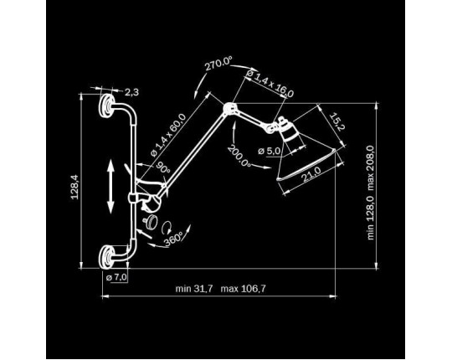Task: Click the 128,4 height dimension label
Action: tap(74, 187)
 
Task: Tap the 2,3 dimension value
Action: tap(131, 92)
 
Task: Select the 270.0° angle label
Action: tap(218, 64)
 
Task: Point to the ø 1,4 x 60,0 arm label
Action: tap(168, 136)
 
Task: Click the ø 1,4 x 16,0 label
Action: tap(270, 84)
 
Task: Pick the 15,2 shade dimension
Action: tap(336, 121)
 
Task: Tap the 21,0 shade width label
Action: tap(311, 174)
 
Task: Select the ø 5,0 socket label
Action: tap(270, 151)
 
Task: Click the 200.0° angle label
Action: tap(239, 156)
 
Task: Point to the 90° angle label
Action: tap(163, 167)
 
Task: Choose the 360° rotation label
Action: tap(174, 239)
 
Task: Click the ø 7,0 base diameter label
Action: tap(116, 278)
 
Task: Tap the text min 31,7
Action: tap(194, 289)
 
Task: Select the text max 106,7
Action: tap(243, 289)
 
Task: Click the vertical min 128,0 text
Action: tap(371, 218)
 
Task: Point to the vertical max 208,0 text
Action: tap(371, 168)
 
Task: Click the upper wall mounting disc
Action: tap(106, 105)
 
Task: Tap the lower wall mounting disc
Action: tap(106, 257)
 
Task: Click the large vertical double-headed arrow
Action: tap(110, 187)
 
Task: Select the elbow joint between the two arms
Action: tap(229, 108)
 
